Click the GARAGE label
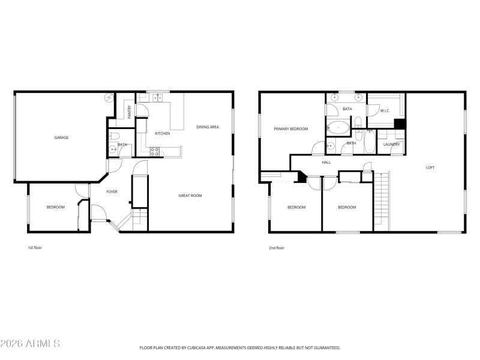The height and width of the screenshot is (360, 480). (61, 138)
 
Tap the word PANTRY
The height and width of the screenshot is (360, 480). (129, 111)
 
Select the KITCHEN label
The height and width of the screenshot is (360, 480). (163, 133)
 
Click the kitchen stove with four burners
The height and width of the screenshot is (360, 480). (155, 151)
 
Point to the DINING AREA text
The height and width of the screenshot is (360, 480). (207, 127)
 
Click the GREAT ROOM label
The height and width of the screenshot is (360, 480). (190, 196)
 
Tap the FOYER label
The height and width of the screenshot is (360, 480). (112, 192)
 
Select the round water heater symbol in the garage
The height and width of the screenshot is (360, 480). (109, 97)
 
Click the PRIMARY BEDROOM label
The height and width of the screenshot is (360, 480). (290, 129)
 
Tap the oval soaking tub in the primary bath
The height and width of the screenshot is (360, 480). (339, 127)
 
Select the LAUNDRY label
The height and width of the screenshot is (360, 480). (392, 144)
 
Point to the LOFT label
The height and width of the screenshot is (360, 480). (430, 167)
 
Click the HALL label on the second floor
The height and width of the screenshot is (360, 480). (326, 162)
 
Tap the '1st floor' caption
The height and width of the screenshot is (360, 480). (35, 247)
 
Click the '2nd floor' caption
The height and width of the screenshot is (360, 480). (276, 247)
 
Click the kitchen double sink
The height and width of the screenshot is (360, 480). (157, 97)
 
